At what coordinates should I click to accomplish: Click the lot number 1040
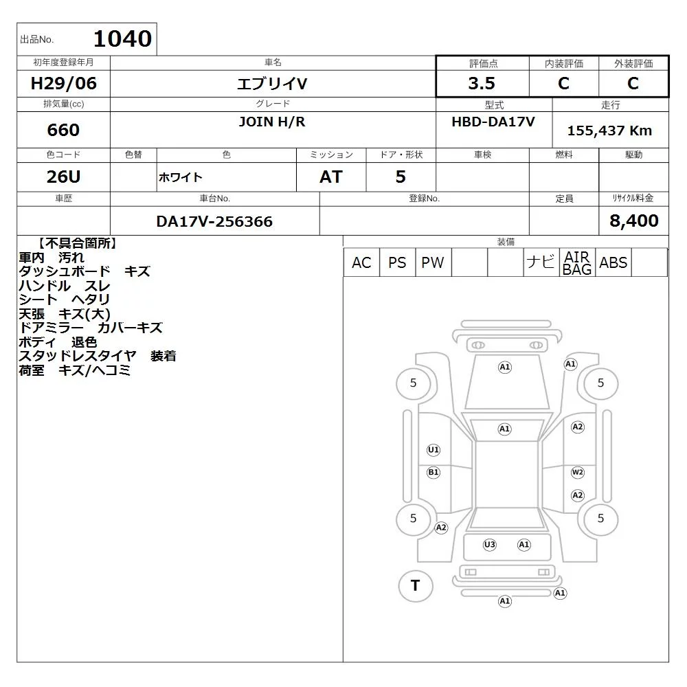click(x=123, y=38)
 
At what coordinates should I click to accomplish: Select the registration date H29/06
click(x=63, y=83)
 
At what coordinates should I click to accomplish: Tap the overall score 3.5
click(x=482, y=83)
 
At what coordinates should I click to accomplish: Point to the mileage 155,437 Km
click(x=609, y=131)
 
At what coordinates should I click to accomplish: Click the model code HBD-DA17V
click(x=493, y=122)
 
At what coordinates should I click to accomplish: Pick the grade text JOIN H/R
click(x=271, y=122)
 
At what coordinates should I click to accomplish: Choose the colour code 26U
click(x=63, y=177)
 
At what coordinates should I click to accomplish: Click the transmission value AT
click(x=331, y=177)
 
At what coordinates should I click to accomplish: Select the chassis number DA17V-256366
click(x=214, y=221)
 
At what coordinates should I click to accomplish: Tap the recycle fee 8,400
click(x=633, y=221)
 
